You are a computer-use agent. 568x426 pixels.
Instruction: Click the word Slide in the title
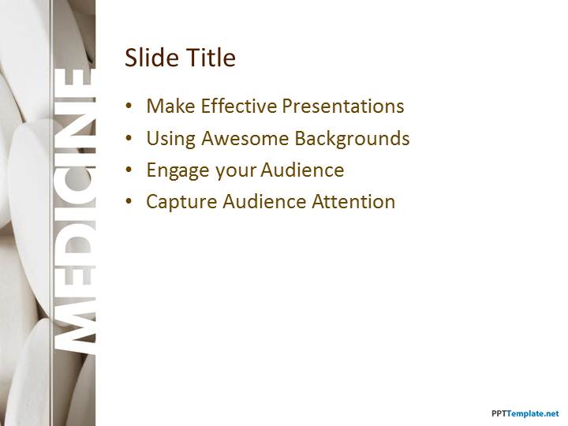point(152,58)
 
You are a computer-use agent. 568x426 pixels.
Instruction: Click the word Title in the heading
point(211,58)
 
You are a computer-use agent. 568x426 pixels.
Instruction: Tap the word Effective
point(239,106)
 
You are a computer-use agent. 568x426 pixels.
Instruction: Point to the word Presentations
point(343,106)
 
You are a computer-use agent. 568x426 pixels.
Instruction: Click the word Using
point(170,139)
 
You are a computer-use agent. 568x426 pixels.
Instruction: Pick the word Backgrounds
point(352,139)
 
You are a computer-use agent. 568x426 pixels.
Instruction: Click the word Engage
point(177,170)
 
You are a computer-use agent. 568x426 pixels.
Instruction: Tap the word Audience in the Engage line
point(302,170)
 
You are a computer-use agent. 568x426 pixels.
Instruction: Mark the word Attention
point(353,201)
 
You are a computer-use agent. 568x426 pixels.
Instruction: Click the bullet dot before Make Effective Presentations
point(129,106)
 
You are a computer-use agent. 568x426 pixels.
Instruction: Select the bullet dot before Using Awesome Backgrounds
point(129,138)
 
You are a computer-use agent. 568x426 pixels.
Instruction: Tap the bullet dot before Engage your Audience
point(129,170)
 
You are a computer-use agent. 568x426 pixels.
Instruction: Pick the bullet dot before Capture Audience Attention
point(129,202)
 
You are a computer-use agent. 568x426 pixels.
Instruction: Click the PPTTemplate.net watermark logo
point(525,413)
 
